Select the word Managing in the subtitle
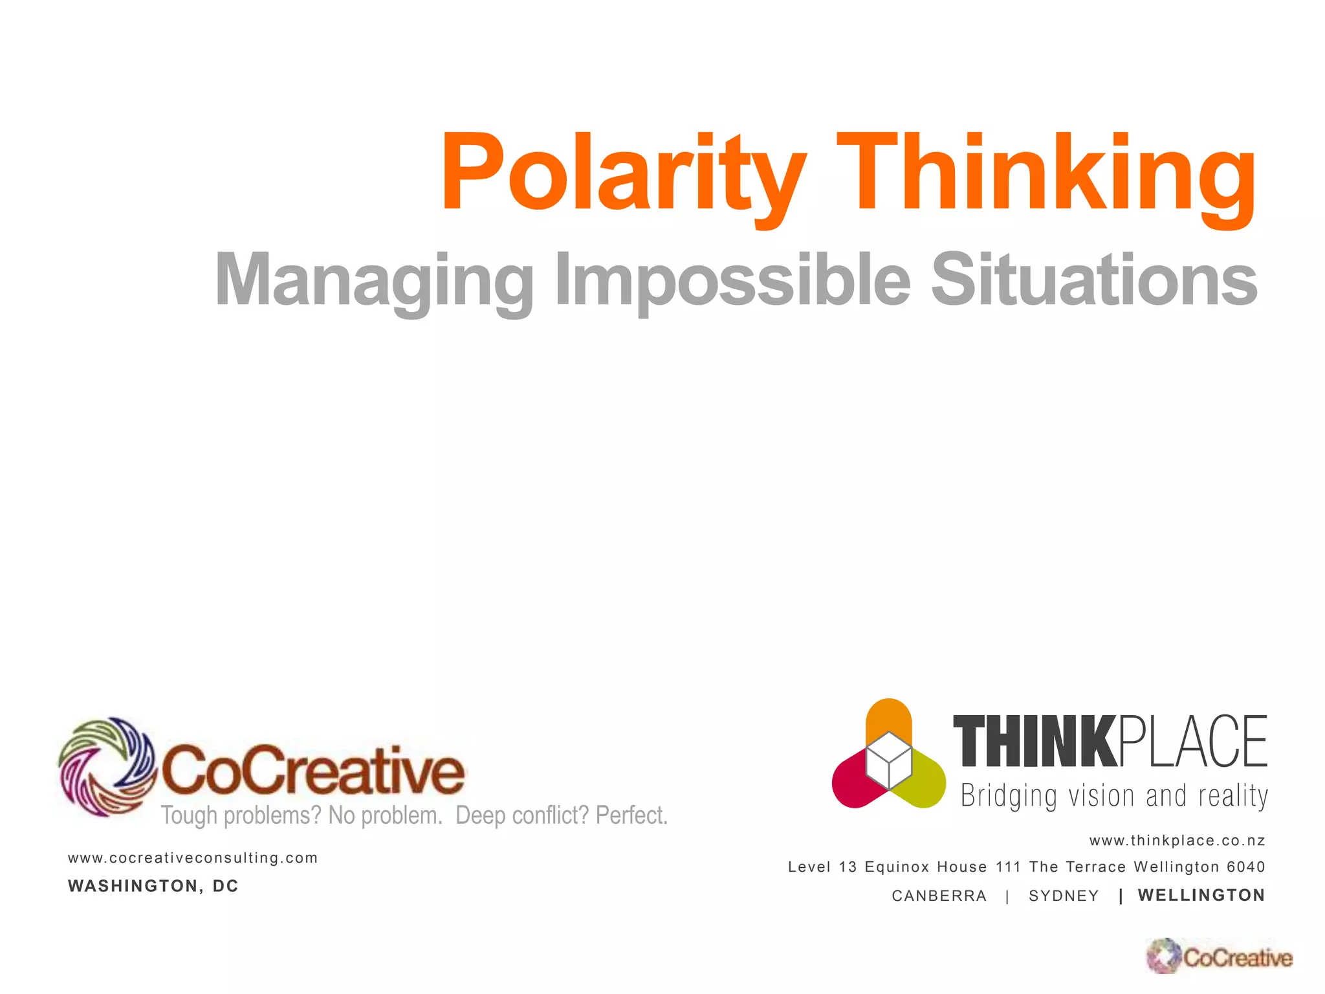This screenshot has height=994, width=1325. pyautogui.click(x=374, y=280)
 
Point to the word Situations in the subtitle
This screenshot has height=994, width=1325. pyautogui.click(x=1093, y=280)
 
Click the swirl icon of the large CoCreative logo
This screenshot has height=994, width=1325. pyautogui.click(x=107, y=767)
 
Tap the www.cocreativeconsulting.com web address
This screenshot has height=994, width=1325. pyautogui.click(x=193, y=858)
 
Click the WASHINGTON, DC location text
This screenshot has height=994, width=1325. pyautogui.click(x=153, y=886)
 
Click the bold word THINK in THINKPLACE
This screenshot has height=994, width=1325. pyautogui.click(x=1034, y=742)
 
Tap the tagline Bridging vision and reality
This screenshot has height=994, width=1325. pyautogui.click(x=1114, y=796)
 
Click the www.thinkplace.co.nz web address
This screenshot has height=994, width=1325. pyautogui.click(x=1177, y=841)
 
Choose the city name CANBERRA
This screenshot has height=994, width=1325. pyautogui.click(x=939, y=896)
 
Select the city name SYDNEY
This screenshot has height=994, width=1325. pyautogui.click(x=1064, y=896)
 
